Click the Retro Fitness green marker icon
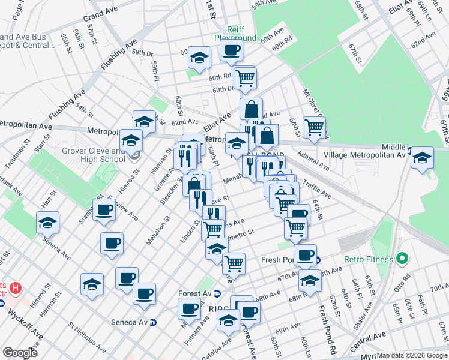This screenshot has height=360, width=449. coord(402,260)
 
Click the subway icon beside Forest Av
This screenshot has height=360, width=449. coord(217,294)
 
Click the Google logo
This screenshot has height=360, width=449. coord(20,352)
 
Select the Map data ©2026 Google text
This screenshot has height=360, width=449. coord(411,355)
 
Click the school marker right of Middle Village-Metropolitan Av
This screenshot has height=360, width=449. coord(423,159)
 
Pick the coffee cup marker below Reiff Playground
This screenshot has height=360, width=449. coord(231,50)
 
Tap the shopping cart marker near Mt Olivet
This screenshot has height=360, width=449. coord(314,127)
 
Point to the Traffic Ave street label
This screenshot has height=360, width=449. coord(317,191)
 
